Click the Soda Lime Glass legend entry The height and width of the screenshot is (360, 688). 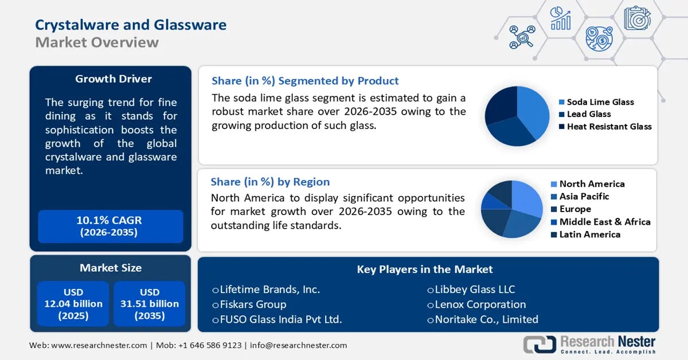[x=600, y=102]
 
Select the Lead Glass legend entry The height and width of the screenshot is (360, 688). [x=588, y=114]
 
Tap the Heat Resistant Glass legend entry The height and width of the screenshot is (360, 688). [x=609, y=127]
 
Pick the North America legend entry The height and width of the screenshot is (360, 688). [x=592, y=184]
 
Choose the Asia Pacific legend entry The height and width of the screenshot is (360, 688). [x=584, y=197]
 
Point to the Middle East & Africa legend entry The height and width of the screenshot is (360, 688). [x=604, y=222]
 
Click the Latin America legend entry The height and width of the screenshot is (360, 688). [x=589, y=234]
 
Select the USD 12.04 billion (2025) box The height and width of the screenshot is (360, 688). [x=73, y=304]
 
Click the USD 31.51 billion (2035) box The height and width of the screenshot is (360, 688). [x=149, y=304]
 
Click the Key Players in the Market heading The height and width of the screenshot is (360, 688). [x=425, y=269]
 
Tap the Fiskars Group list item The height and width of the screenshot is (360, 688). [x=253, y=304]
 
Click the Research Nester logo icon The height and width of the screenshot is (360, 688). [x=539, y=344]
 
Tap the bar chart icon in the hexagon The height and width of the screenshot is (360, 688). [x=560, y=19]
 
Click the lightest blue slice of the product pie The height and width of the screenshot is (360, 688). [x=530, y=109]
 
